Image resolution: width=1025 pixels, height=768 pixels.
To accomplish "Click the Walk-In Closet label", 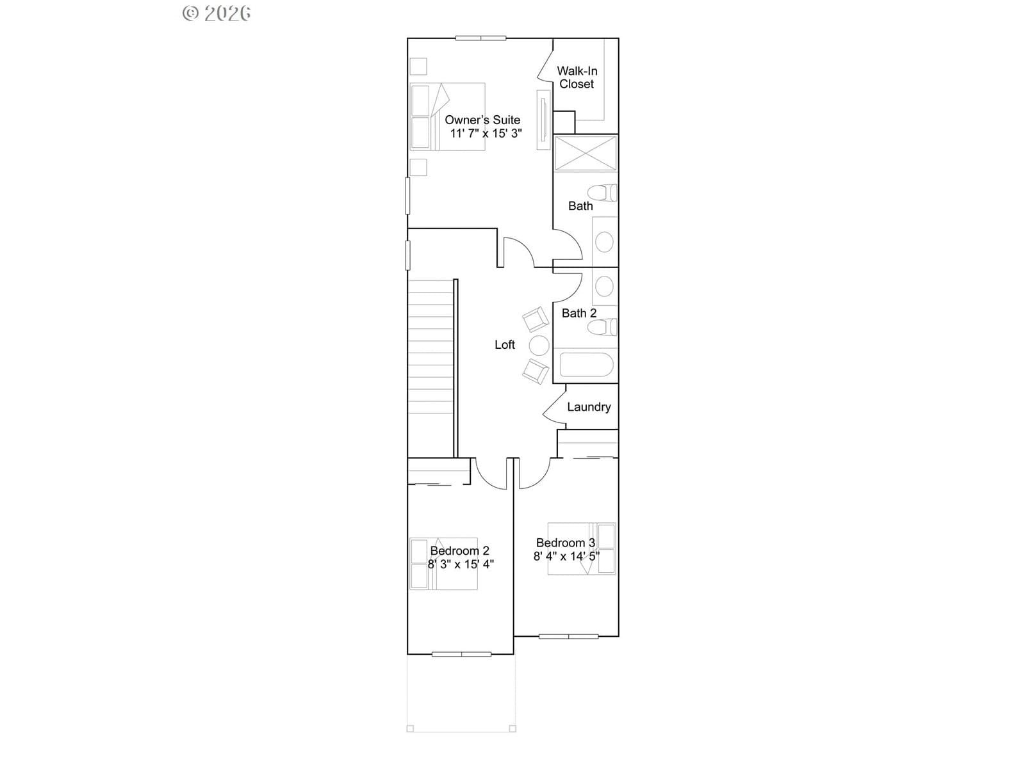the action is click(577, 77).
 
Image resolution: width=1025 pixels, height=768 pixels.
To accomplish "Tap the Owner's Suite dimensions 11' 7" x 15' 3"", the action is click(486, 133).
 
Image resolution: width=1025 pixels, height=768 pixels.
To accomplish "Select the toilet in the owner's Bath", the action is click(602, 193).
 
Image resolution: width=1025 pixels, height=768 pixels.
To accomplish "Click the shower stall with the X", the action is click(585, 153).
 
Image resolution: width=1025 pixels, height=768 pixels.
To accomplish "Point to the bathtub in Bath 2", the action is click(586, 365).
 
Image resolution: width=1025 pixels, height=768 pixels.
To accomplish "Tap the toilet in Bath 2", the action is click(602, 327).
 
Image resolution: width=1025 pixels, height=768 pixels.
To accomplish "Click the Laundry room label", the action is click(589, 407).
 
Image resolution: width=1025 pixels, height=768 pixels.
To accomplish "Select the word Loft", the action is click(504, 344).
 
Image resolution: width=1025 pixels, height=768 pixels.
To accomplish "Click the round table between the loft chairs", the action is click(539, 346).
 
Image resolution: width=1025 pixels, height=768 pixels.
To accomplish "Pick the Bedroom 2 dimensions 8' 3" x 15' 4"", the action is click(461, 564).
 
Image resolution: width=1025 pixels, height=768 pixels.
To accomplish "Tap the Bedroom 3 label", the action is click(566, 543).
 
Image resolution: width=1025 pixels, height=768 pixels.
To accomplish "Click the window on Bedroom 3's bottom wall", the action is click(568, 636).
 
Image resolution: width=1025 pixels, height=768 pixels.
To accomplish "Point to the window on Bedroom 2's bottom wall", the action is click(461, 654).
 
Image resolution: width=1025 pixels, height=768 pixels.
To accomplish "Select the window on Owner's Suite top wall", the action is click(480, 38).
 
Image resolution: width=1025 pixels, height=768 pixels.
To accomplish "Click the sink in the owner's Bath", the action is click(604, 243).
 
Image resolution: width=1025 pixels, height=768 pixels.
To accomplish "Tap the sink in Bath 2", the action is click(604, 286).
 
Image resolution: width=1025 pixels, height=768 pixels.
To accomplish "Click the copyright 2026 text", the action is click(216, 13).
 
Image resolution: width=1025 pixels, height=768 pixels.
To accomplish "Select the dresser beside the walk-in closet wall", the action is click(543, 120).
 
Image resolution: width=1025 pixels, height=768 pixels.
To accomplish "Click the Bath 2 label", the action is click(579, 314).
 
